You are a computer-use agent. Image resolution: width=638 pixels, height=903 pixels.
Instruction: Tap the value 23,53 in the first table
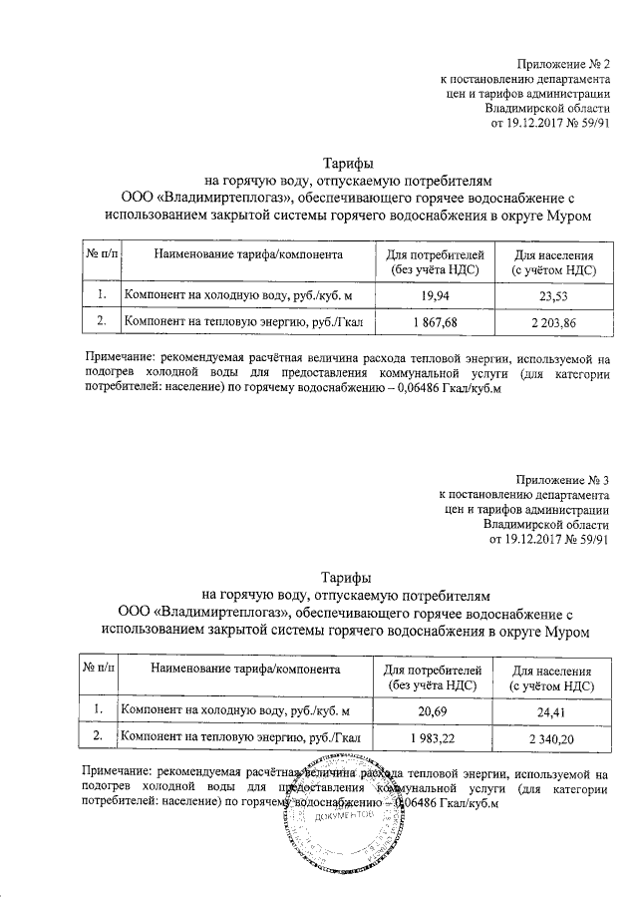coord(552,294)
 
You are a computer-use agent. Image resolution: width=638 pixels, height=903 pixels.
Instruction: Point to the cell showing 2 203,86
coord(552,321)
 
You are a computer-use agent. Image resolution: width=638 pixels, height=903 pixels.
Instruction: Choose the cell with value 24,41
coord(552,711)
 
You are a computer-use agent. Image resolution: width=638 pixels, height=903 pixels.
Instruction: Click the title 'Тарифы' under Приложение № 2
coord(348,164)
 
